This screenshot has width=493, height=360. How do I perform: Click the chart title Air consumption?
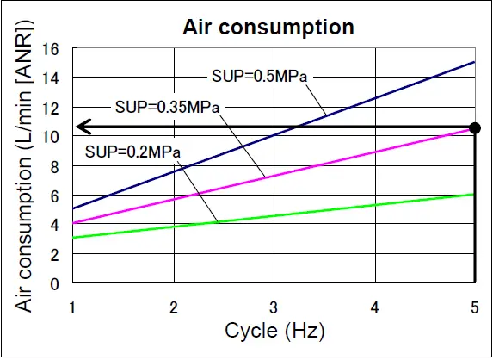coord(268,27)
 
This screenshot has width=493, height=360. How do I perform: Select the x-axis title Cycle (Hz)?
coord(274,331)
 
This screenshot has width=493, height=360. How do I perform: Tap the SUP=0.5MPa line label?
coord(259,76)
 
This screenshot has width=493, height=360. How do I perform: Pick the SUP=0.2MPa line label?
coord(132,152)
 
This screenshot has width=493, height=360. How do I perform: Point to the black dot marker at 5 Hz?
coord(475,127)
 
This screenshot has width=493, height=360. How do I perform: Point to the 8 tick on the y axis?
coord(56,166)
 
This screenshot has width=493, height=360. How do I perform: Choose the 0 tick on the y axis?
coord(56,283)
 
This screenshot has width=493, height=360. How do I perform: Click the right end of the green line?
coord(474,194)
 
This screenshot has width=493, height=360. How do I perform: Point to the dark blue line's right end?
coord(474,62)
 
